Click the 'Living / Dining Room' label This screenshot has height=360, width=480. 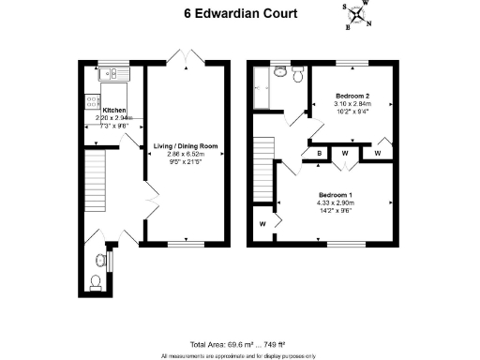click(185, 146)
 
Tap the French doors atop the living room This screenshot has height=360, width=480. click(186, 58)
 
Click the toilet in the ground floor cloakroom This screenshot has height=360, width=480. click(95, 281)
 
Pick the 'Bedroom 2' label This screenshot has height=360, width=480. click(352, 97)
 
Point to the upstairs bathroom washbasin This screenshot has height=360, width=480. click(279, 71)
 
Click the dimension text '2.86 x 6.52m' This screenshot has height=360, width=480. click(185, 156)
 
